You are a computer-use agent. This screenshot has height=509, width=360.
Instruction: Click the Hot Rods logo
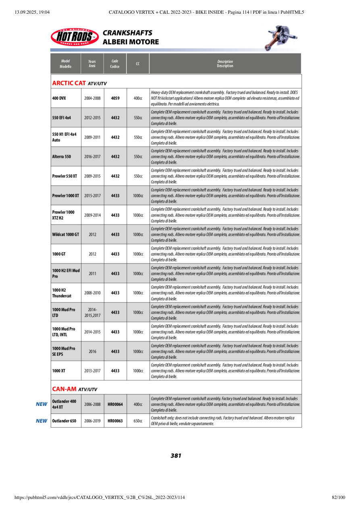tap(75, 37)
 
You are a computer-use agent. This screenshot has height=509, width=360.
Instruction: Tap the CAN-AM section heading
tap(75, 389)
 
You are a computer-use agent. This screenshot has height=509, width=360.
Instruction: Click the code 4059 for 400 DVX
tap(115, 98)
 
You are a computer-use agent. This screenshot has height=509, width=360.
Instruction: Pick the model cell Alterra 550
tap(62, 156)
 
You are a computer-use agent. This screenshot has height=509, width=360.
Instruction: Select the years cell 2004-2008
tap(92, 98)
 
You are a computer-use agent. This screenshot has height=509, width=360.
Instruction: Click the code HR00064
tap(115, 404)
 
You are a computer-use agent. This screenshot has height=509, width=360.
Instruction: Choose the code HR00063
tap(115, 421)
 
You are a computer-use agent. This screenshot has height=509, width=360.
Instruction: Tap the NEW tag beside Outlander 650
tap(42, 421)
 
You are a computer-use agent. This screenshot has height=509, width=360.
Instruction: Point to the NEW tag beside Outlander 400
tap(42, 404)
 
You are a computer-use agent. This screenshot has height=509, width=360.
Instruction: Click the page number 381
tap(176, 455)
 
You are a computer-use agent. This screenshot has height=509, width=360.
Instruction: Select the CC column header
tap(138, 64)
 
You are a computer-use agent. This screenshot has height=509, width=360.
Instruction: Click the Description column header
tap(225, 64)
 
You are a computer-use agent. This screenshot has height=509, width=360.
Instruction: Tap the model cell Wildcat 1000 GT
tap(66, 234)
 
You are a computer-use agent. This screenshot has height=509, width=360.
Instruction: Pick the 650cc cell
tap(138, 421)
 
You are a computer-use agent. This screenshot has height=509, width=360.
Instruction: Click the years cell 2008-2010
tap(92, 293)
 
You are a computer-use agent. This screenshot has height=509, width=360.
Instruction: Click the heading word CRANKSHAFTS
tap(127, 33)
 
